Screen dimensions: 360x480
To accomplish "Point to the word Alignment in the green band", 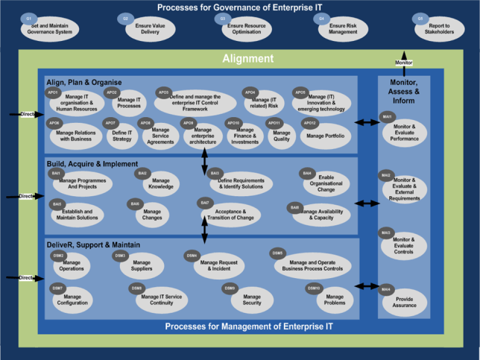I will click(248, 58).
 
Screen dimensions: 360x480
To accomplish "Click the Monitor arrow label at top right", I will click(403, 63).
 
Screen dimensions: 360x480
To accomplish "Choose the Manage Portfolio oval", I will click(326, 136).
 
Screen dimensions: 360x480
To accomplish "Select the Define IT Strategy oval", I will click(121, 135).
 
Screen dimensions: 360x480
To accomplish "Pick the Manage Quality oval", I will click(281, 135).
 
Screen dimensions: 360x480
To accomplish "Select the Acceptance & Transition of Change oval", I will click(231, 214).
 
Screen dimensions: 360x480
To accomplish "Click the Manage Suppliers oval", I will click(141, 266).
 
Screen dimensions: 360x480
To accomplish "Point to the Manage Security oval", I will click(251, 300).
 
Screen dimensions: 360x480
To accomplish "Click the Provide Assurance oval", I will click(404, 300).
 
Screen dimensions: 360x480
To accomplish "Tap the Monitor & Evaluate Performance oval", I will click(405, 132).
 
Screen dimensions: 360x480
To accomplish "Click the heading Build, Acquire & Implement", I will click(92, 163).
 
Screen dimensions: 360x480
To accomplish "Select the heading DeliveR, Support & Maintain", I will click(94, 244).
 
